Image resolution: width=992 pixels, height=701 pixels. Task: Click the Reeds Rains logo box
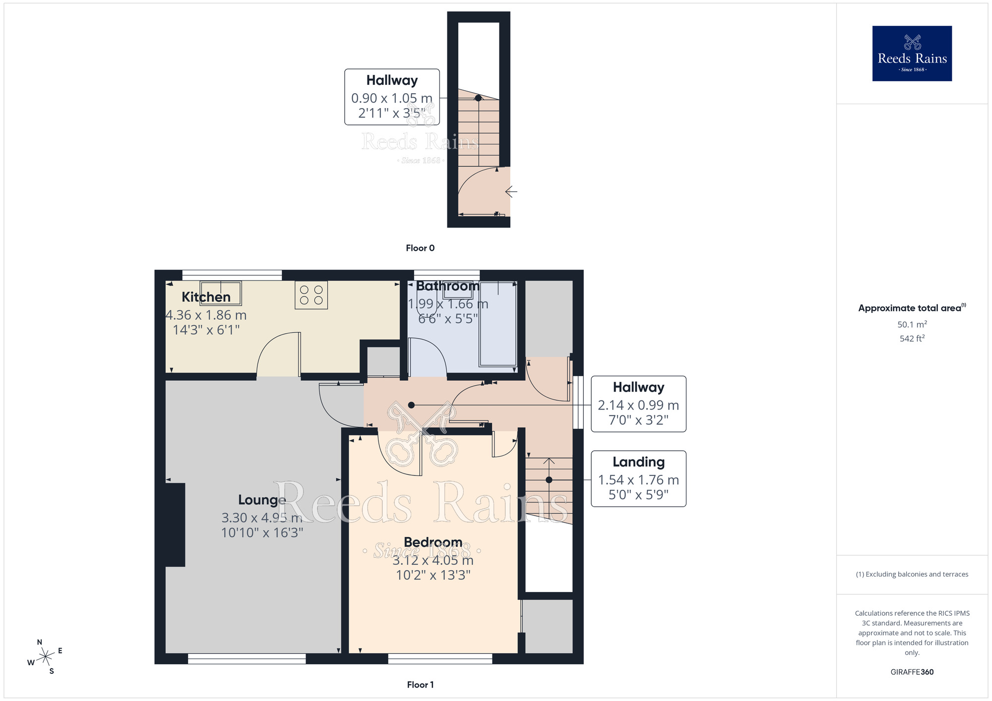click(x=912, y=54)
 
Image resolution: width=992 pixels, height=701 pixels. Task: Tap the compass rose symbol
click(x=46, y=657)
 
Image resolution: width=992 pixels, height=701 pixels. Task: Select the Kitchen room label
click(x=206, y=297)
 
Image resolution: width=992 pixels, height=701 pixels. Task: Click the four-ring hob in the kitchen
click(x=311, y=295)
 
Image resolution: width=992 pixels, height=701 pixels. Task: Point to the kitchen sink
click(x=221, y=293)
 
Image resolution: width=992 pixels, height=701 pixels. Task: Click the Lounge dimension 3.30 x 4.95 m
click(x=261, y=518)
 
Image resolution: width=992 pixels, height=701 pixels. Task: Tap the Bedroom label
click(x=433, y=542)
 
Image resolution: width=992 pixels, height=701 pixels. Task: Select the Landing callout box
click(x=638, y=478)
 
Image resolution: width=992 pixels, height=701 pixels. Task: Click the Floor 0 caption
click(x=420, y=248)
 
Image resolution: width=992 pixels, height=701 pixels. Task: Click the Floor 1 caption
click(x=420, y=685)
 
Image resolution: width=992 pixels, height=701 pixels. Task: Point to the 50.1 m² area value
click(x=912, y=324)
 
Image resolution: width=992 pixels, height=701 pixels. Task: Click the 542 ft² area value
click(x=912, y=339)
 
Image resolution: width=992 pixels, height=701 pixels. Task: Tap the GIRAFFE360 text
click(x=912, y=672)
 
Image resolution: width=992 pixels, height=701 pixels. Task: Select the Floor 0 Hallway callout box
click(x=392, y=97)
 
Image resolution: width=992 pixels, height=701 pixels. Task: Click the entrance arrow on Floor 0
click(x=511, y=191)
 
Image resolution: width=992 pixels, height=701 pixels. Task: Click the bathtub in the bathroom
click(x=497, y=325)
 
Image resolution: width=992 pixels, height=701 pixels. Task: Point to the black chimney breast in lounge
click(x=175, y=525)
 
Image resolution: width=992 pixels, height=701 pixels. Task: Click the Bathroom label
click(x=447, y=286)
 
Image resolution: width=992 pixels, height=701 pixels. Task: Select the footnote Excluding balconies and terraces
click(x=912, y=574)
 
